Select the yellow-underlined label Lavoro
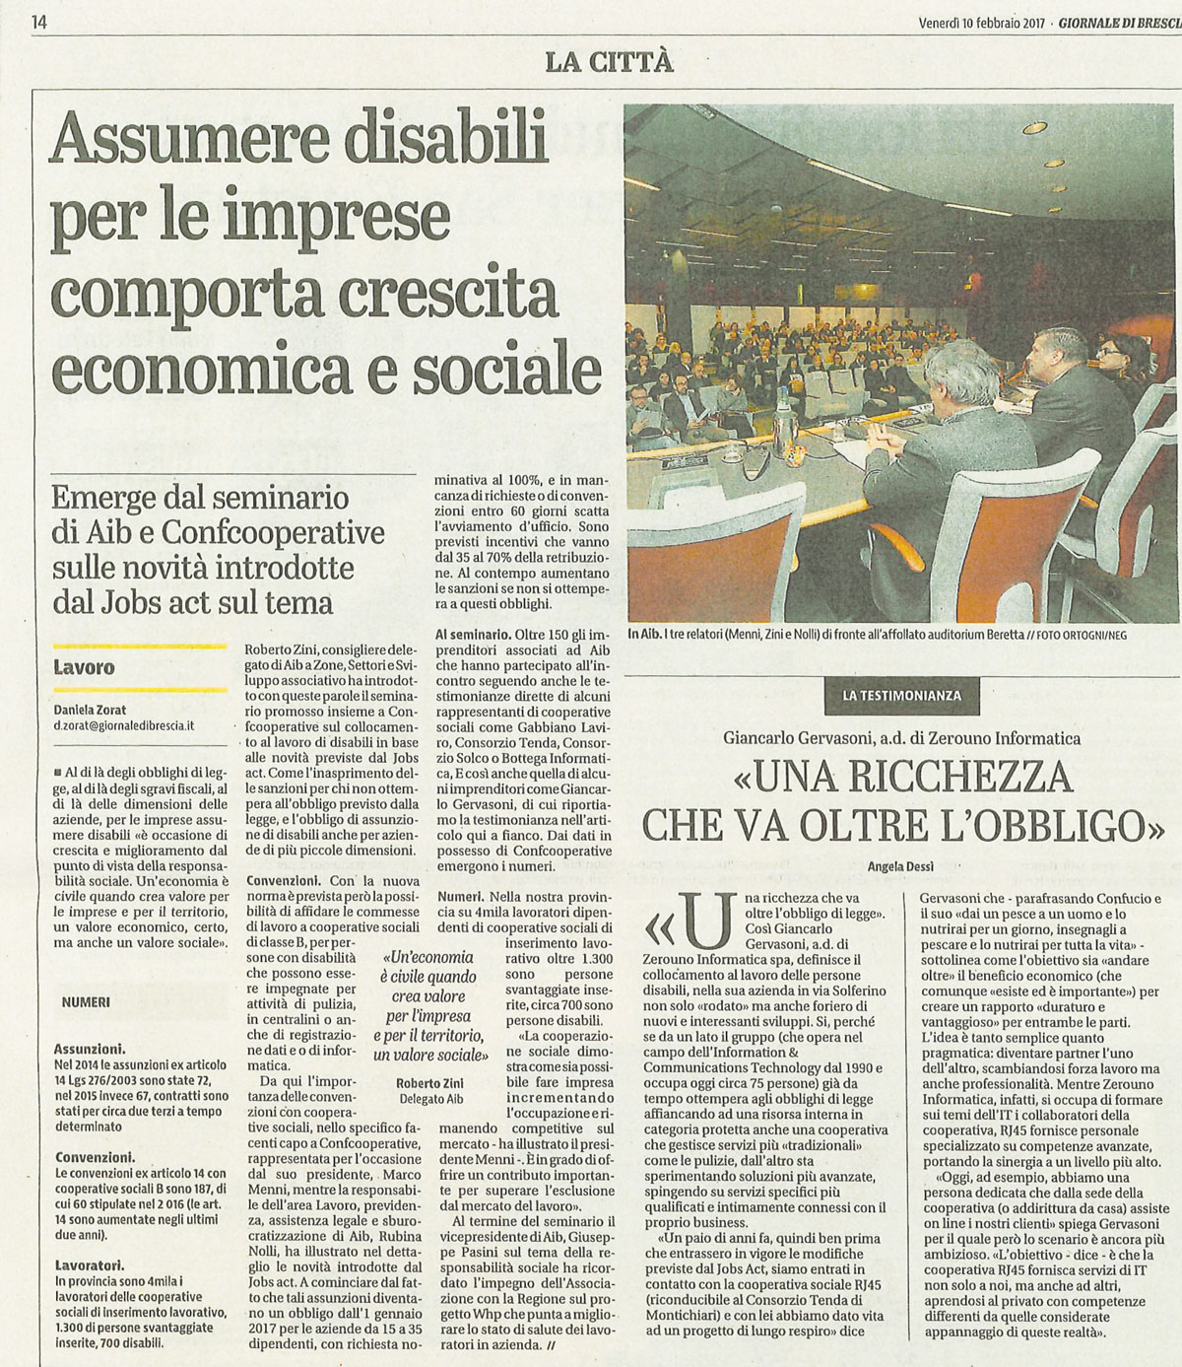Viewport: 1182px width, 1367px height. tap(84, 667)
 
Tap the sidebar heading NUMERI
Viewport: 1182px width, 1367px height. tap(86, 1001)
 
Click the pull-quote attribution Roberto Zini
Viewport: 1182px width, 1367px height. tap(430, 1082)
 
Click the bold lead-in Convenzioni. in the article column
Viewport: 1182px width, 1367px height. tap(283, 880)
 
